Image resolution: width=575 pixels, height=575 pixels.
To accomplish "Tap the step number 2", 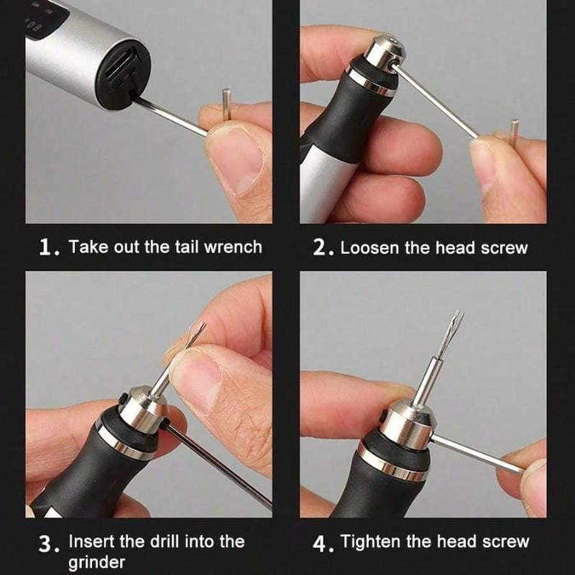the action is [x=321, y=247].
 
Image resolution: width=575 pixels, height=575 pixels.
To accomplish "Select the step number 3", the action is [x=47, y=544].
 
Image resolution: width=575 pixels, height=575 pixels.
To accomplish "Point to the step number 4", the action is [x=321, y=543].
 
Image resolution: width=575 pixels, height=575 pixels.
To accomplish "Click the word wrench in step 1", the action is [x=233, y=247].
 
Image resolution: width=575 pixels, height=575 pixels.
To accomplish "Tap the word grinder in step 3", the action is [x=96, y=562].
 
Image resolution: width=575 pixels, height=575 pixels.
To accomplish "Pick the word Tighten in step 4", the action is [x=371, y=541].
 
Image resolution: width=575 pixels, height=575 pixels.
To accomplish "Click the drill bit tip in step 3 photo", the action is [x=202, y=326].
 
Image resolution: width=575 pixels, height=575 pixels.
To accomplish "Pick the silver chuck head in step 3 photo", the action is [x=143, y=407].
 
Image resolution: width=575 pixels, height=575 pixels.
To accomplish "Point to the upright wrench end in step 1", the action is [x=227, y=103].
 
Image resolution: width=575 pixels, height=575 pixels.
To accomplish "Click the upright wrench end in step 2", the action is [x=515, y=132].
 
